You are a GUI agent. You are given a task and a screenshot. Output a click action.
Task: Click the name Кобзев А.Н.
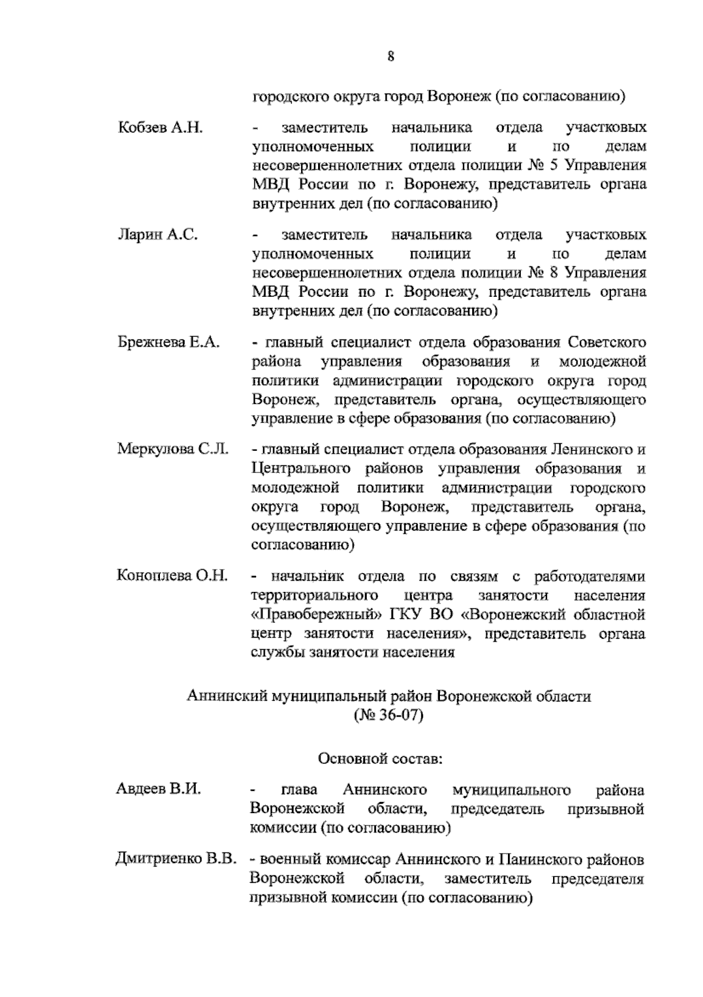click(x=160, y=128)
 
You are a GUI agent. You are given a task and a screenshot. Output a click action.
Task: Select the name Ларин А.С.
click(x=158, y=235)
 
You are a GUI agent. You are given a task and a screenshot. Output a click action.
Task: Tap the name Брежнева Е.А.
click(x=169, y=342)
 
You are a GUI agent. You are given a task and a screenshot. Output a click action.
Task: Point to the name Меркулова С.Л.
click(x=173, y=450)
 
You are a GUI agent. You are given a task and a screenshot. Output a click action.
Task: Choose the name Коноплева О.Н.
click(x=172, y=576)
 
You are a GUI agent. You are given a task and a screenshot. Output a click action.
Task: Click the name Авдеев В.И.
click(x=158, y=789)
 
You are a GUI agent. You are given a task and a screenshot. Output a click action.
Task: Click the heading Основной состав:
click(x=380, y=759)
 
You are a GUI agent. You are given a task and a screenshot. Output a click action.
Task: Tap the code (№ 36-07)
click(x=388, y=715)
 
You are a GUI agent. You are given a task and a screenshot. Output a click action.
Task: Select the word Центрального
click(x=301, y=469)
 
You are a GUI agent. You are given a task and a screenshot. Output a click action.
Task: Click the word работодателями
click(x=589, y=576)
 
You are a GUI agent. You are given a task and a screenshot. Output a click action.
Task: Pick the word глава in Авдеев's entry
click(x=299, y=790)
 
